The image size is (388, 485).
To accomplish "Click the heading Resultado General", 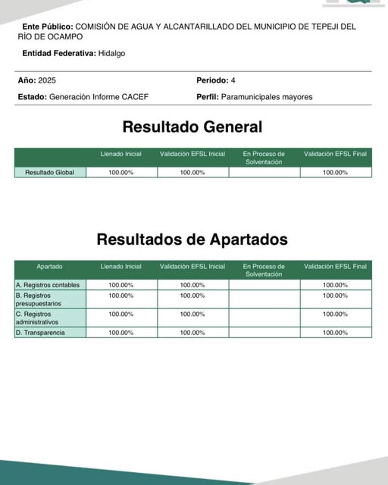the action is tap(192, 127).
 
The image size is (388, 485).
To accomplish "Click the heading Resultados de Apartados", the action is tap(192, 239).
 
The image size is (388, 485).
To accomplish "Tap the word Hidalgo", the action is tap(112, 54).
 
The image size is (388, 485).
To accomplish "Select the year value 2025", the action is tap(47, 80).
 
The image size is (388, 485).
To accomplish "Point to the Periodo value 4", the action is tap(233, 80).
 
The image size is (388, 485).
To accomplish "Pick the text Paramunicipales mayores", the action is tap(266, 97).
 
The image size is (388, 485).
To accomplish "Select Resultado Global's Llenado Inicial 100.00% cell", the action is tap(121, 173).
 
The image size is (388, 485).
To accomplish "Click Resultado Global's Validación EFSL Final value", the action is tap(335, 173).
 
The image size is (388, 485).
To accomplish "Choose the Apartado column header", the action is tap(50, 267).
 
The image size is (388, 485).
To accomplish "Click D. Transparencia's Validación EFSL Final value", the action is tap(335, 333).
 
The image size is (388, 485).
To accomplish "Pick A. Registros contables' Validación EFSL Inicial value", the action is tap(192, 285).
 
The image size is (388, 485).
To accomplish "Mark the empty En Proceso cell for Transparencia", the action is tap(264, 333).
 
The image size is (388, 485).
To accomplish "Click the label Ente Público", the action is tap(48, 26).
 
